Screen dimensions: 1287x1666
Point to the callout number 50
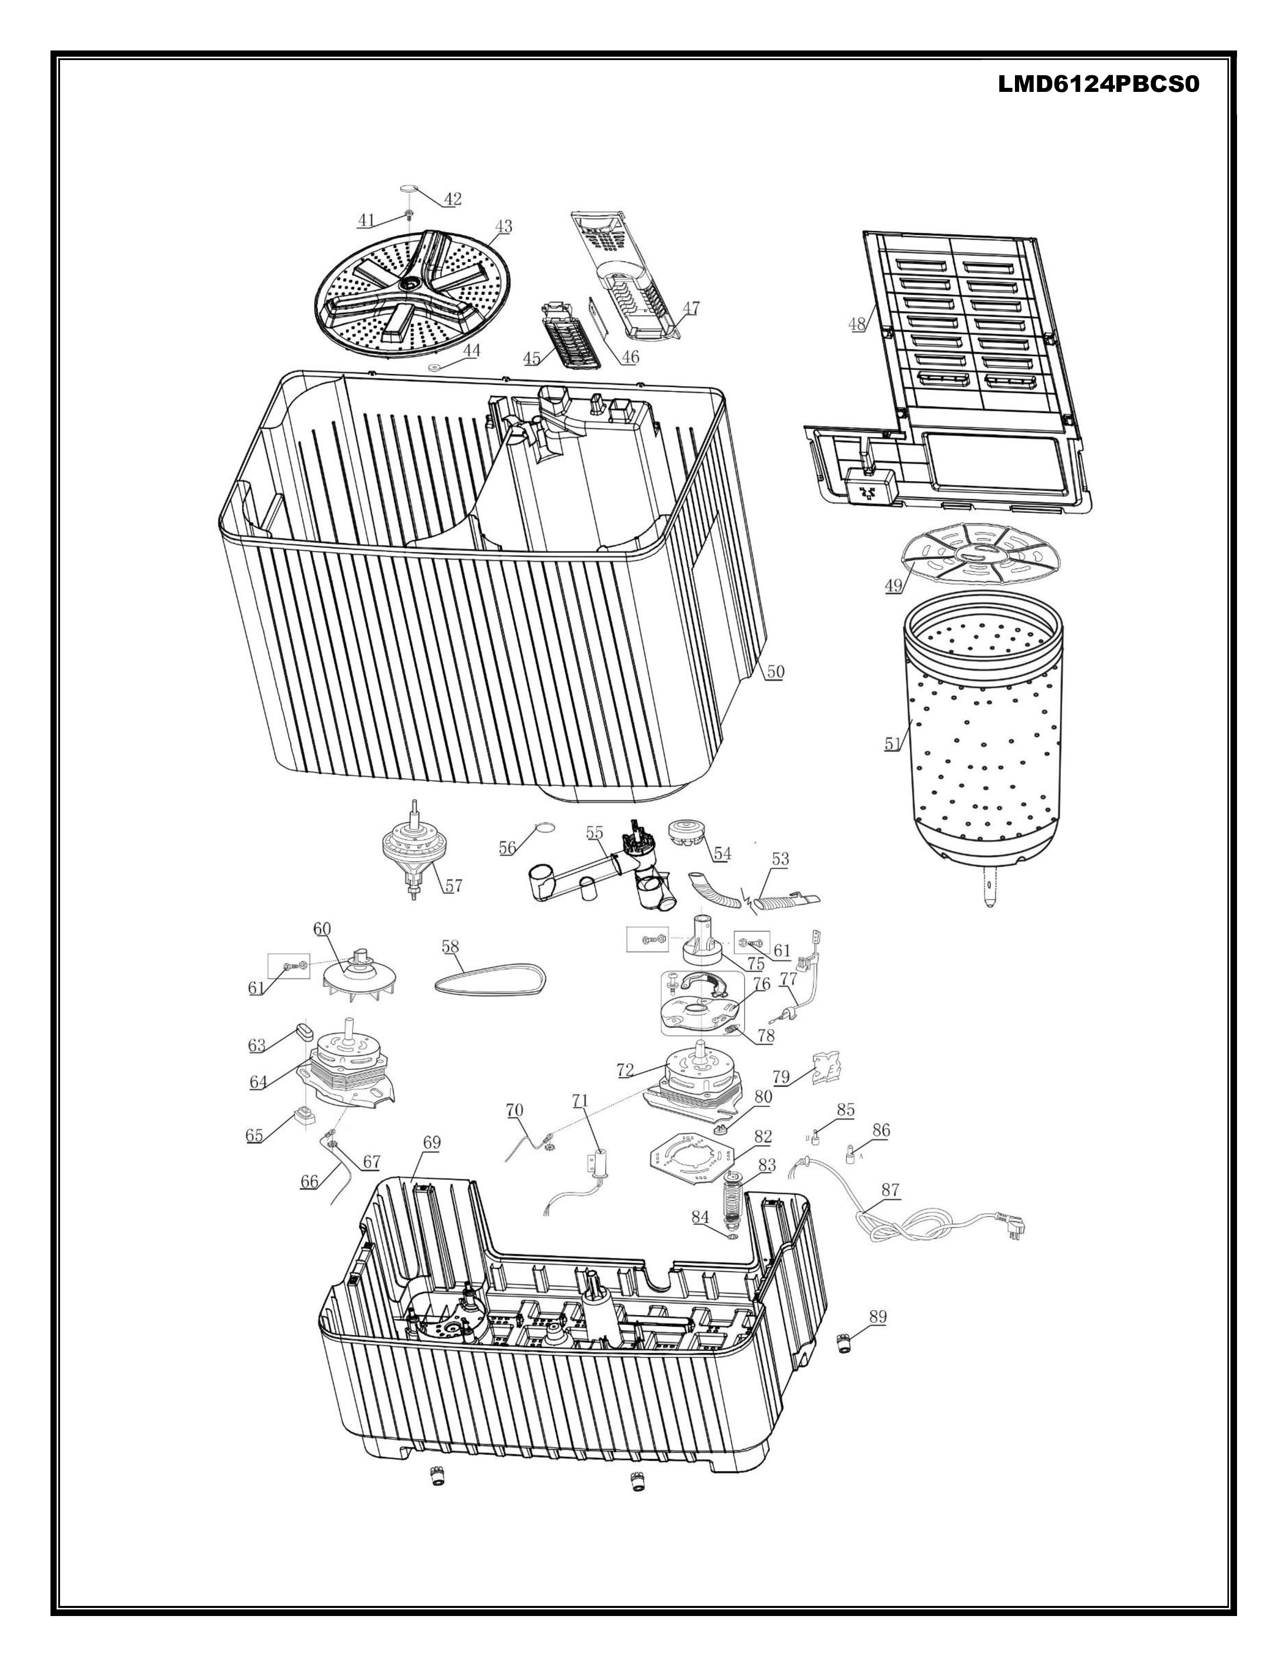[x=775, y=671]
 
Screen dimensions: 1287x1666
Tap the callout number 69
[x=432, y=1142]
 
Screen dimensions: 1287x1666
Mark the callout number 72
[x=625, y=1070]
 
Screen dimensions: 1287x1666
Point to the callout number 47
[x=691, y=308]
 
